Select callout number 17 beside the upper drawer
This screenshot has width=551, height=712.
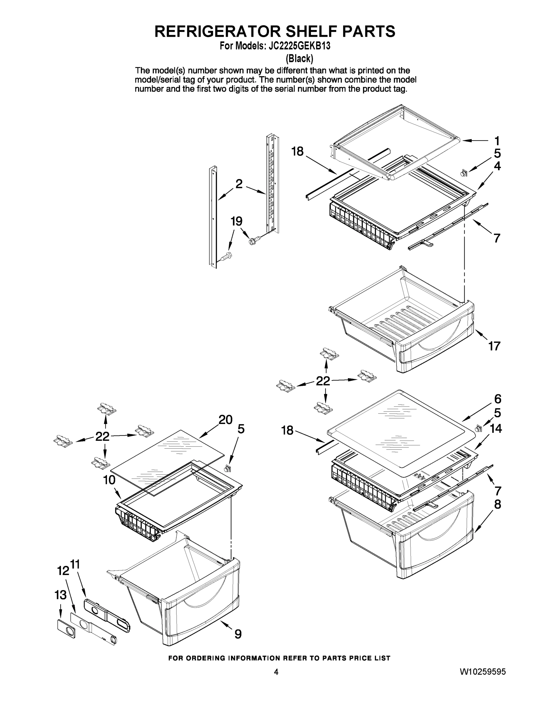(494, 346)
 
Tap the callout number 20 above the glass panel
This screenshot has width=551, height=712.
(225, 419)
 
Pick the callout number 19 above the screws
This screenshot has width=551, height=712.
(236, 221)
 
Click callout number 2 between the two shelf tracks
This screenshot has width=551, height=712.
(239, 184)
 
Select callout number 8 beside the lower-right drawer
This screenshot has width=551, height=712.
(498, 505)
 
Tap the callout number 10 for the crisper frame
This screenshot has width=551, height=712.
(109, 480)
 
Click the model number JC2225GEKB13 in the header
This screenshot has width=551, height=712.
(299, 46)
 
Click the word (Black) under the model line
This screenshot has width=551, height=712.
(299, 59)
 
